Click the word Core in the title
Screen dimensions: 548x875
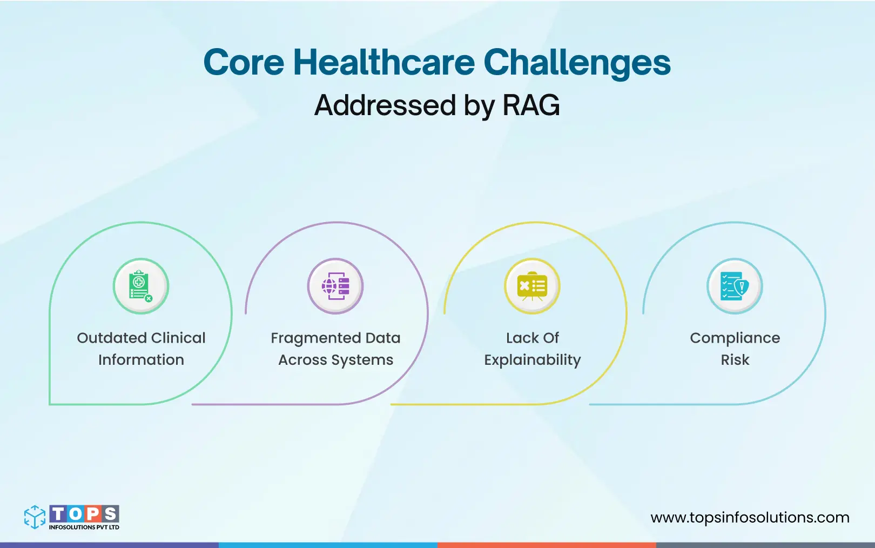click(243, 63)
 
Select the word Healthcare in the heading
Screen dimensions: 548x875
click(383, 63)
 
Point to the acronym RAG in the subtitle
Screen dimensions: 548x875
click(531, 105)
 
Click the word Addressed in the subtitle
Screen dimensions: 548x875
click(385, 105)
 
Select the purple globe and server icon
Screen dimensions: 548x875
click(335, 286)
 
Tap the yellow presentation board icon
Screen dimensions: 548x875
click(532, 286)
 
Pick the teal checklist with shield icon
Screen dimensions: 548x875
click(735, 286)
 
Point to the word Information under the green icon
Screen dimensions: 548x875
click(141, 360)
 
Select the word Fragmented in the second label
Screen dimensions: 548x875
click(315, 338)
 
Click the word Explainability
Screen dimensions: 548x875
click(532, 360)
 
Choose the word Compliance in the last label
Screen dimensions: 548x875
click(735, 338)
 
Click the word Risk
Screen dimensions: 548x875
click(735, 360)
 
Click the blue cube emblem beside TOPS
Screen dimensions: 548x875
click(35, 517)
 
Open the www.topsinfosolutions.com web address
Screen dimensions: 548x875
click(750, 518)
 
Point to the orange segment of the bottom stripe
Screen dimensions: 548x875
click(547, 545)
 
